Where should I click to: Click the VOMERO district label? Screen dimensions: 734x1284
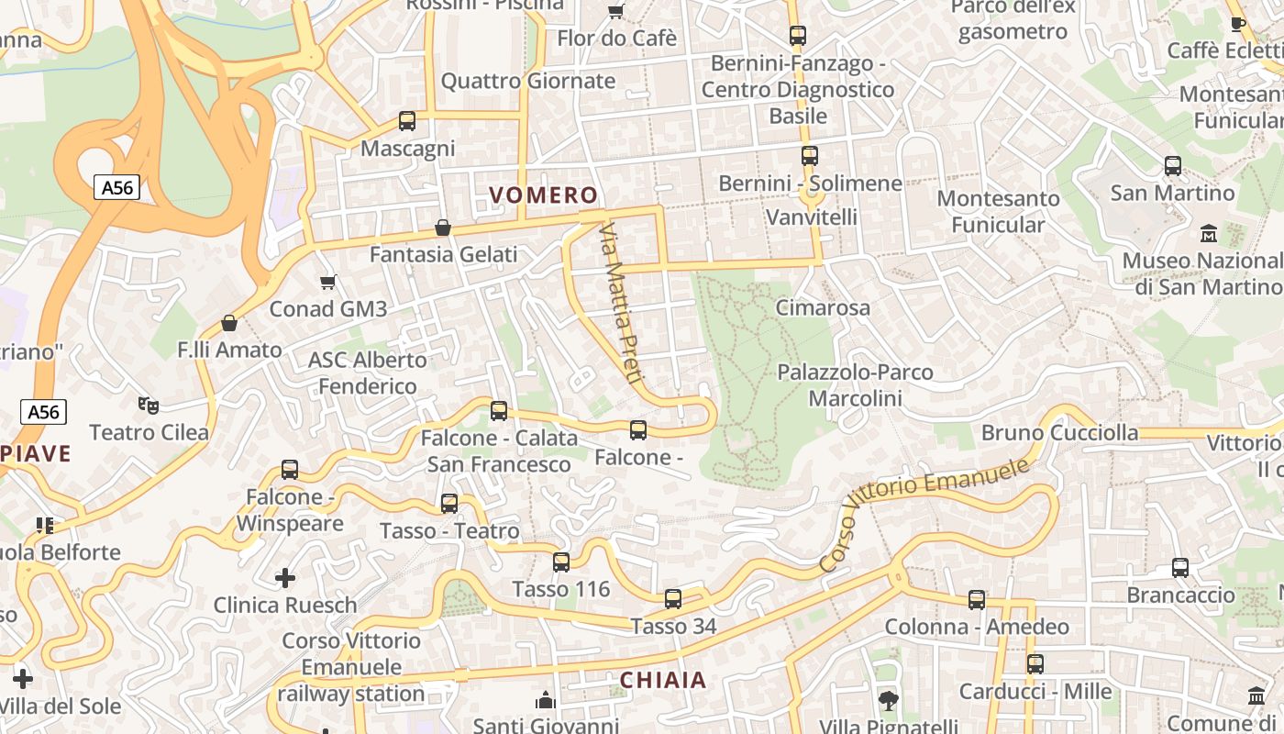click(x=543, y=195)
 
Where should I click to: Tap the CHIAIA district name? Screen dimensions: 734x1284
click(x=663, y=680)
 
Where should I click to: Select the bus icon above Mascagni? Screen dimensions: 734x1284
click(x=406, y=121)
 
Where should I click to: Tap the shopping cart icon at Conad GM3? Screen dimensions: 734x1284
click(x=327, y=282)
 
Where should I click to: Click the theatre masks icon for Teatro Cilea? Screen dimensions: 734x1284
click(x=148, y=405)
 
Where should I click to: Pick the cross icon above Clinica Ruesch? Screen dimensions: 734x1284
click(x=285, y=578)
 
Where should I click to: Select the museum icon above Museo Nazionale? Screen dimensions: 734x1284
click(x=1208, y=233)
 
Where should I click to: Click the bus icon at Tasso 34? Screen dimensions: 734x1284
click(x=673, y=599)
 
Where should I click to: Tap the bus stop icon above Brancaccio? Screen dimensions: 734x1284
click(x=1180, y=568)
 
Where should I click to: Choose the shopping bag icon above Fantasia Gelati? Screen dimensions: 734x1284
click(x=443, y=227)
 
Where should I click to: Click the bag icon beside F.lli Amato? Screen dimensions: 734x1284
click(x=229, y=323)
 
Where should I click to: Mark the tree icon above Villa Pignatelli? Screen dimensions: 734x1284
click(x=888, y=701)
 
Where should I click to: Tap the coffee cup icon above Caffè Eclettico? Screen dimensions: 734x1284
click(x=1237, y=24)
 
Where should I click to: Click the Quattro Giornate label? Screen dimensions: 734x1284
click(x=528, y=81)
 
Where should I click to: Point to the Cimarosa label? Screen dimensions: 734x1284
click(x=823, y=307)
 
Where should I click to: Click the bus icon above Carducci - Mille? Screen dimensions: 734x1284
click(x=1035, y=663)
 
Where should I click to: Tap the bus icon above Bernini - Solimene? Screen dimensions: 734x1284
click(x=810, y=156)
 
